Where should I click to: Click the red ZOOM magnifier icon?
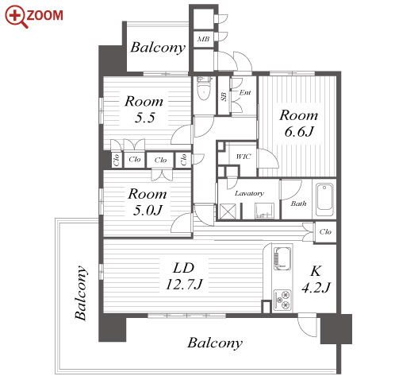pos(16,17)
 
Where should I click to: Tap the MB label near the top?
pos(203,39)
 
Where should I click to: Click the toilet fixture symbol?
pos(204,88)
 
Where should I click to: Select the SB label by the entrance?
pos(224,96)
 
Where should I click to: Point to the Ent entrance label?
pos(245,92)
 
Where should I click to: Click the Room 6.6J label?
pos(299,123)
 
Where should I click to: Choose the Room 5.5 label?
pos(144,109)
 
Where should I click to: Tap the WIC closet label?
pos(244,157)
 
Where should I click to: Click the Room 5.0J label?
pos(148,202)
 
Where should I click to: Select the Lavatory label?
pos(249,193)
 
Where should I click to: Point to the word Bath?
pos(299,204)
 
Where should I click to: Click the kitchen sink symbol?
pos(282,258)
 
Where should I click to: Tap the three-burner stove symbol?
pos(282,301)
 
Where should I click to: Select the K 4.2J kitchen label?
pos(316,279)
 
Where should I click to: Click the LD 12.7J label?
pos(184,276)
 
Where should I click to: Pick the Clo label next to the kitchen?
pos(325,232)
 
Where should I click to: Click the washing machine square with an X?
pos(227,211)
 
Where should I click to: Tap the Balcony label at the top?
pos(158,48)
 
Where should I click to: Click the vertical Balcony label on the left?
pos(81,293)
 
